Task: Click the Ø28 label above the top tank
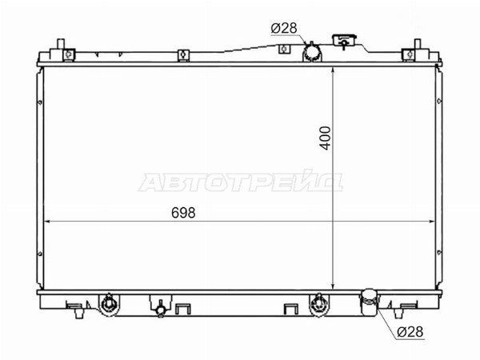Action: click(284, 28)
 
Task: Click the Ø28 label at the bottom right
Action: click(410, 331)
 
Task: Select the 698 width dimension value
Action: click(183, 213)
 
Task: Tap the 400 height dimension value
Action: click(326, 138)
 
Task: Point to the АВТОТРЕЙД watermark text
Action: click(241, 182)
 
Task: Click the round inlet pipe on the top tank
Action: click(312, 52)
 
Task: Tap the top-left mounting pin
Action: click(61, 44)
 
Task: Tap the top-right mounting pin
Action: click(418, 44)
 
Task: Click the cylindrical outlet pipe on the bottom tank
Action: click(369, 302)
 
